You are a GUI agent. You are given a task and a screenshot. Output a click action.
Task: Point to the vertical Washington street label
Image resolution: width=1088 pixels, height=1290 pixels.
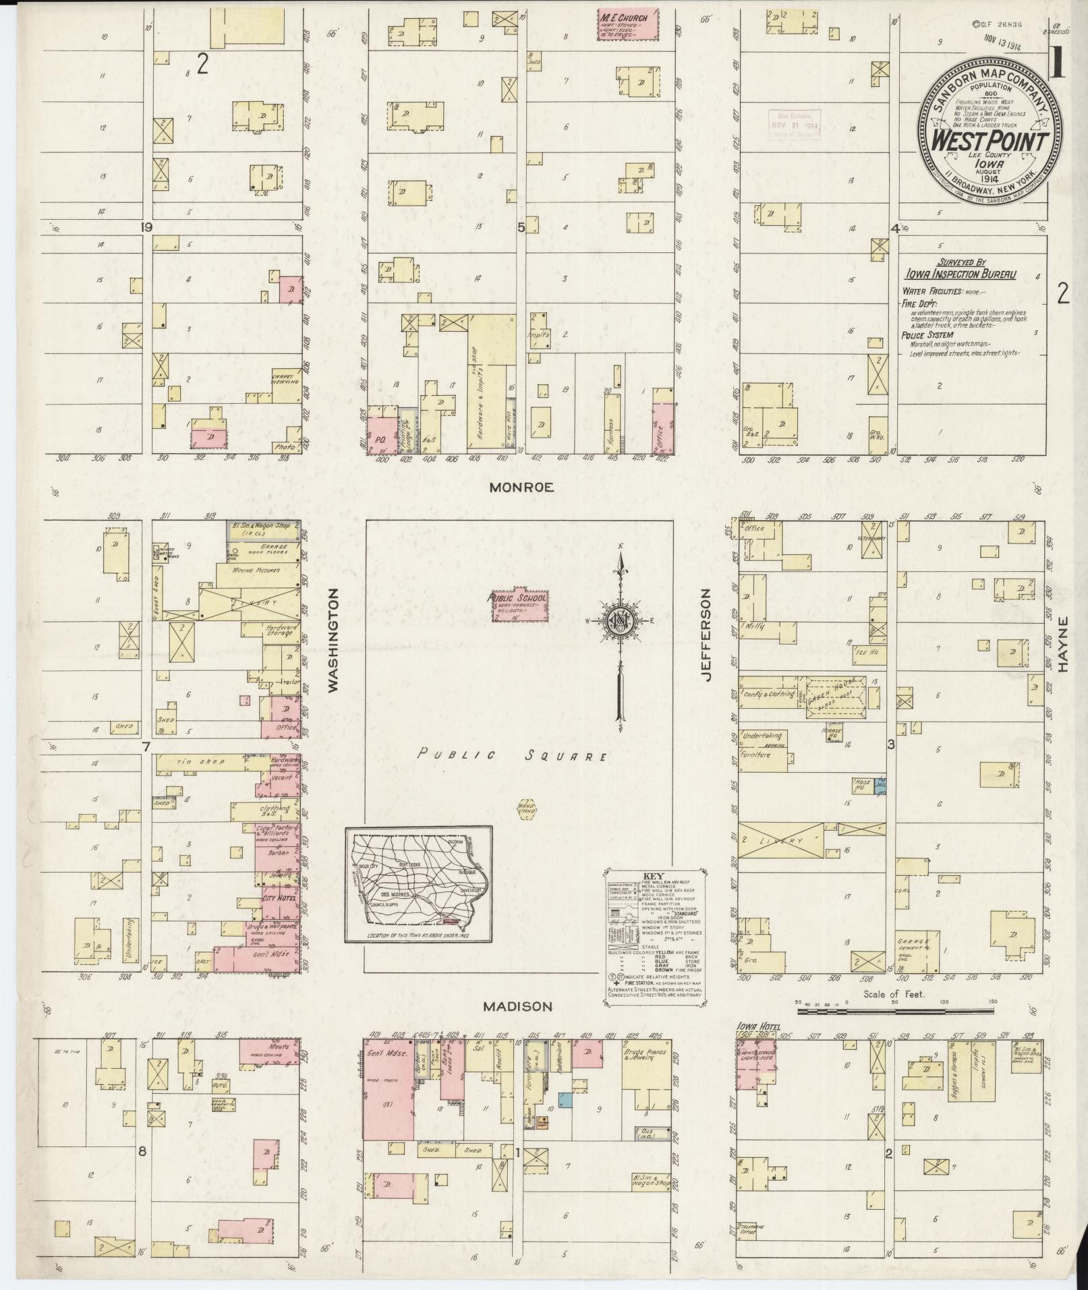coord(333,639)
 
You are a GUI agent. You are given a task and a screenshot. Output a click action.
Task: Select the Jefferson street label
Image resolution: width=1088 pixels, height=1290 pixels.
coord(706,635)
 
